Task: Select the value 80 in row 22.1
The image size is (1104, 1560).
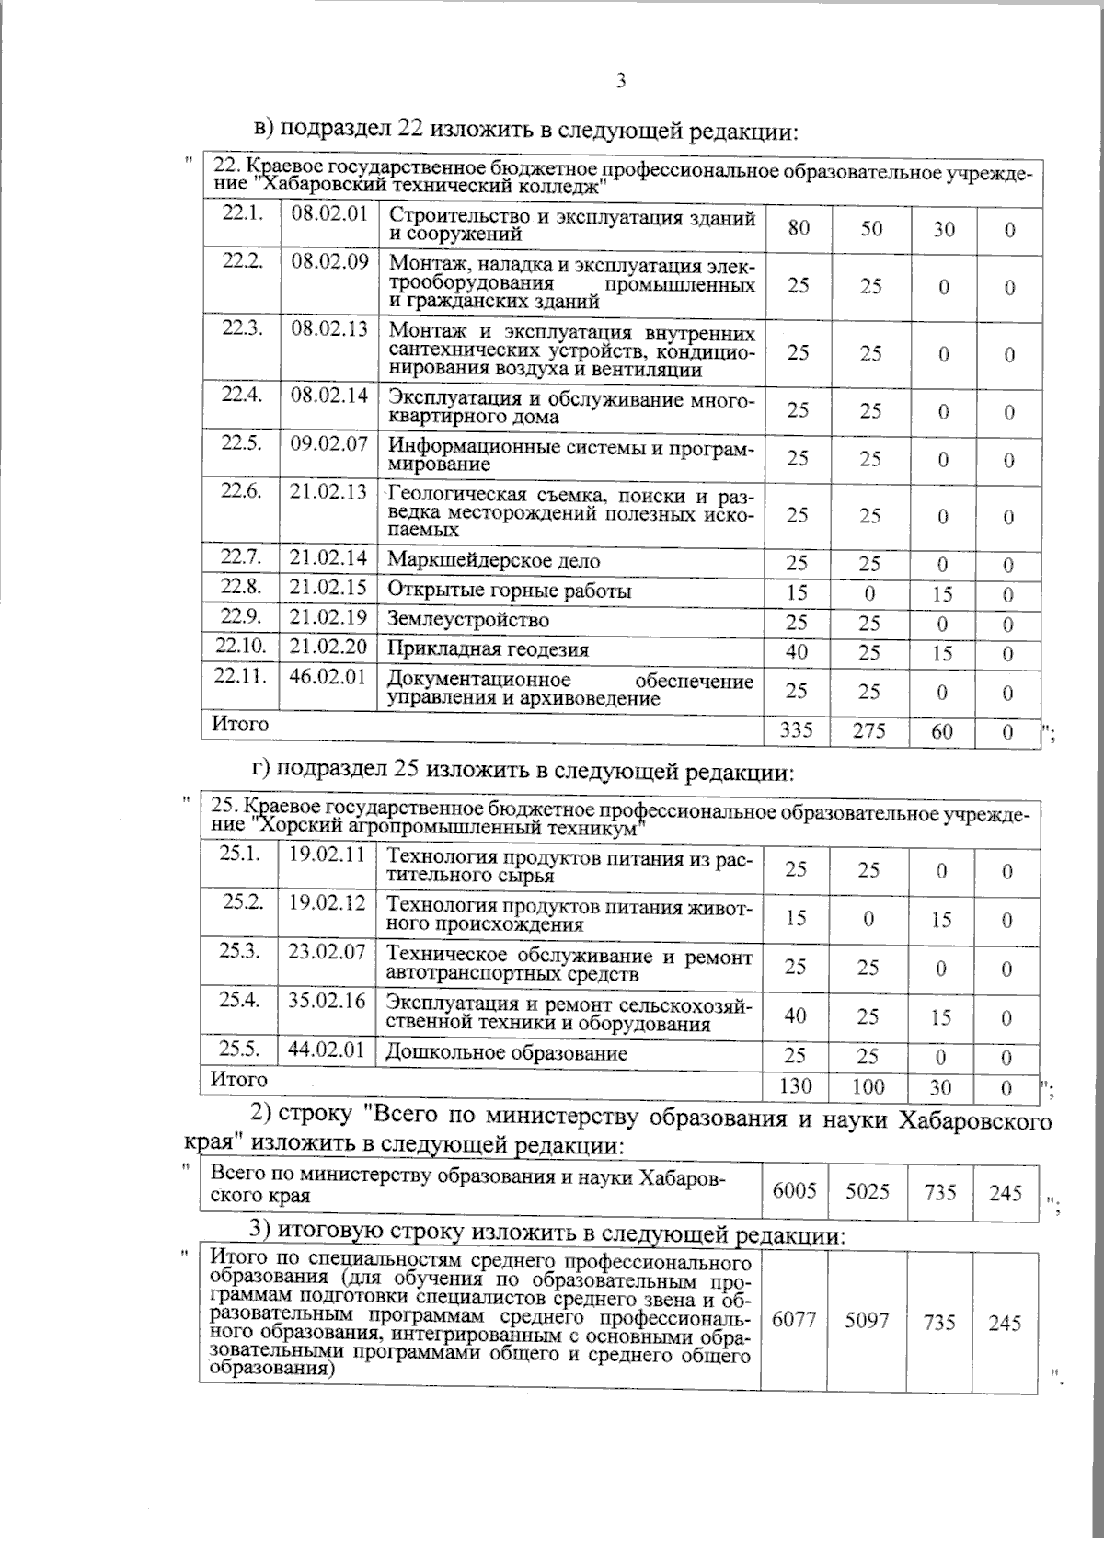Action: click(x=799, y=227)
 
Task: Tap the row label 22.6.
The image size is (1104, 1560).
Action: click(x=242, y=490)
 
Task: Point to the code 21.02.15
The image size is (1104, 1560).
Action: click(x=328, y=588)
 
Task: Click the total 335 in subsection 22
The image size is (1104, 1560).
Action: click(x=796, y=731)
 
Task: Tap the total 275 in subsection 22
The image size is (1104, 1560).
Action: click(x=869, y=731)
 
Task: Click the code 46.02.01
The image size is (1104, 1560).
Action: click(x=328, y=677)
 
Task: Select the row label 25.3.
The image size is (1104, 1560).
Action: click(x=239, y=951)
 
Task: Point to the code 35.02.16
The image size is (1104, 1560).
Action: click(x=328, y=1001)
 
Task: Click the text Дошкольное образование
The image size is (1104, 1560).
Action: click(x=507, y=1053)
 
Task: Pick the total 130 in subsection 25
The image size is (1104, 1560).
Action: click(x=795, y=1086)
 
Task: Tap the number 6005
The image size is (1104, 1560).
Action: click(x=794, y=1192)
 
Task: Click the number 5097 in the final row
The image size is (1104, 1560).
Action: click(x=867, y=1322)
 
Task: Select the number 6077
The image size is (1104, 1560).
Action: click(x=793, y=1322)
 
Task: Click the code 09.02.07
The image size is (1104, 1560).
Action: click(x=329, y=444)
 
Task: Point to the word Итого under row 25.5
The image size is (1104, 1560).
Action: click(x=239, y=1079)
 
